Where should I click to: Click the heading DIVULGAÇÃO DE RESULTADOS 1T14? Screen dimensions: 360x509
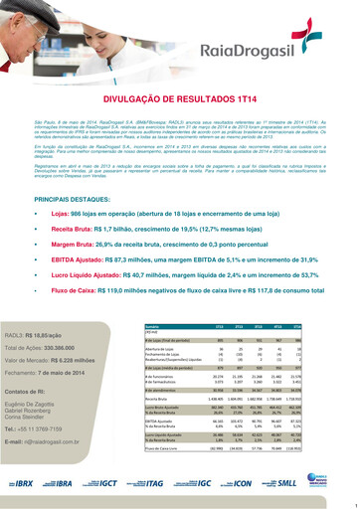pos(180,100)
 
